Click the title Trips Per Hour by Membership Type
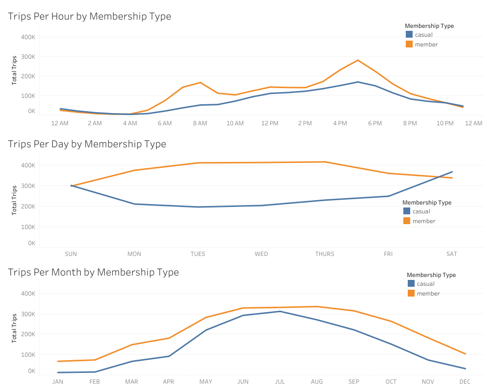[90, 16]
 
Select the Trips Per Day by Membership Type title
[87, 144]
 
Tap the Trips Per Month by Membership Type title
[93, 272]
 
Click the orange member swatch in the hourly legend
[409, 44]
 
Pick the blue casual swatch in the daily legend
[407, 211]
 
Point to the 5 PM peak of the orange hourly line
[358, 60]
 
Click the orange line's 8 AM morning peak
[200, 82]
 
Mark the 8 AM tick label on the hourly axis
[200, 123]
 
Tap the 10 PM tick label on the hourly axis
[445, 123]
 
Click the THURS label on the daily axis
[325, 254]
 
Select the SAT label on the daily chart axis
[451, 254]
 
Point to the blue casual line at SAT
[452, 172]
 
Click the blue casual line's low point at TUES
[198, 207]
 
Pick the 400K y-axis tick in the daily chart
[28, 165]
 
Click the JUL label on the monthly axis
[279, 382]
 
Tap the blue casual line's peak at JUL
[279, 311]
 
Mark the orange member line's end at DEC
[465, 354]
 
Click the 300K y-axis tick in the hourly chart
[28, 57]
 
